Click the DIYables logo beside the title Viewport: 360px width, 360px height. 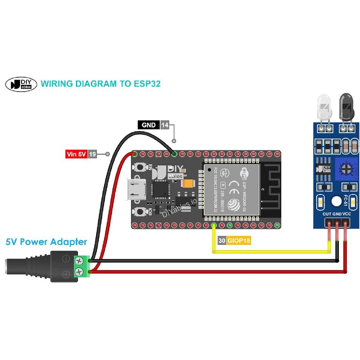(x=21, y=84)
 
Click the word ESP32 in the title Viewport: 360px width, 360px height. (x=147, y=84)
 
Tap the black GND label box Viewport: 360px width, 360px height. (x=148, y=125)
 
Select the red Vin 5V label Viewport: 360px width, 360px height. (x=76, y=154)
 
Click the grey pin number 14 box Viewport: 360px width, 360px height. (x=165, y=125)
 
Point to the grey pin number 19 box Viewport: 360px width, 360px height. (x=92, y=154)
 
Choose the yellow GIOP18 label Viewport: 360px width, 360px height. (x=238, y=240)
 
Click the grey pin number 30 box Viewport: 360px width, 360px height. (x=222, y=240)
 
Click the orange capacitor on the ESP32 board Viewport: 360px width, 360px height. (x=188, y=184)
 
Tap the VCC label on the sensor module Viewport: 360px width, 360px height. (x=346, y=214)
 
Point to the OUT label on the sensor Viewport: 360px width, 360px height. (x=327, y=214)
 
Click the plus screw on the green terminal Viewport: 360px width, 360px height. (x=79, y=271)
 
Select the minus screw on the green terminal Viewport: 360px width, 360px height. (x=79, y=261)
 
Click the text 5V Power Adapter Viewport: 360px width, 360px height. (x=46, y=242)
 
